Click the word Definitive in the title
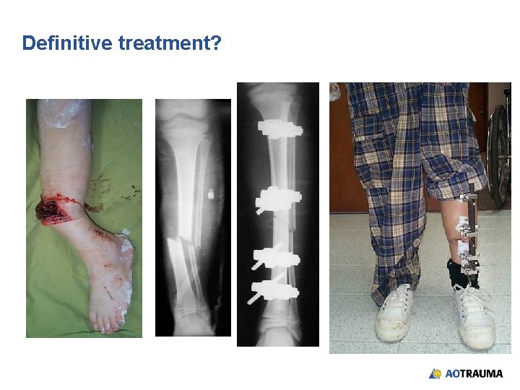[67, 43]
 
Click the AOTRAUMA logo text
[474, 374]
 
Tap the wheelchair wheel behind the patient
[498, 152]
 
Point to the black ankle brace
[462, 272]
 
